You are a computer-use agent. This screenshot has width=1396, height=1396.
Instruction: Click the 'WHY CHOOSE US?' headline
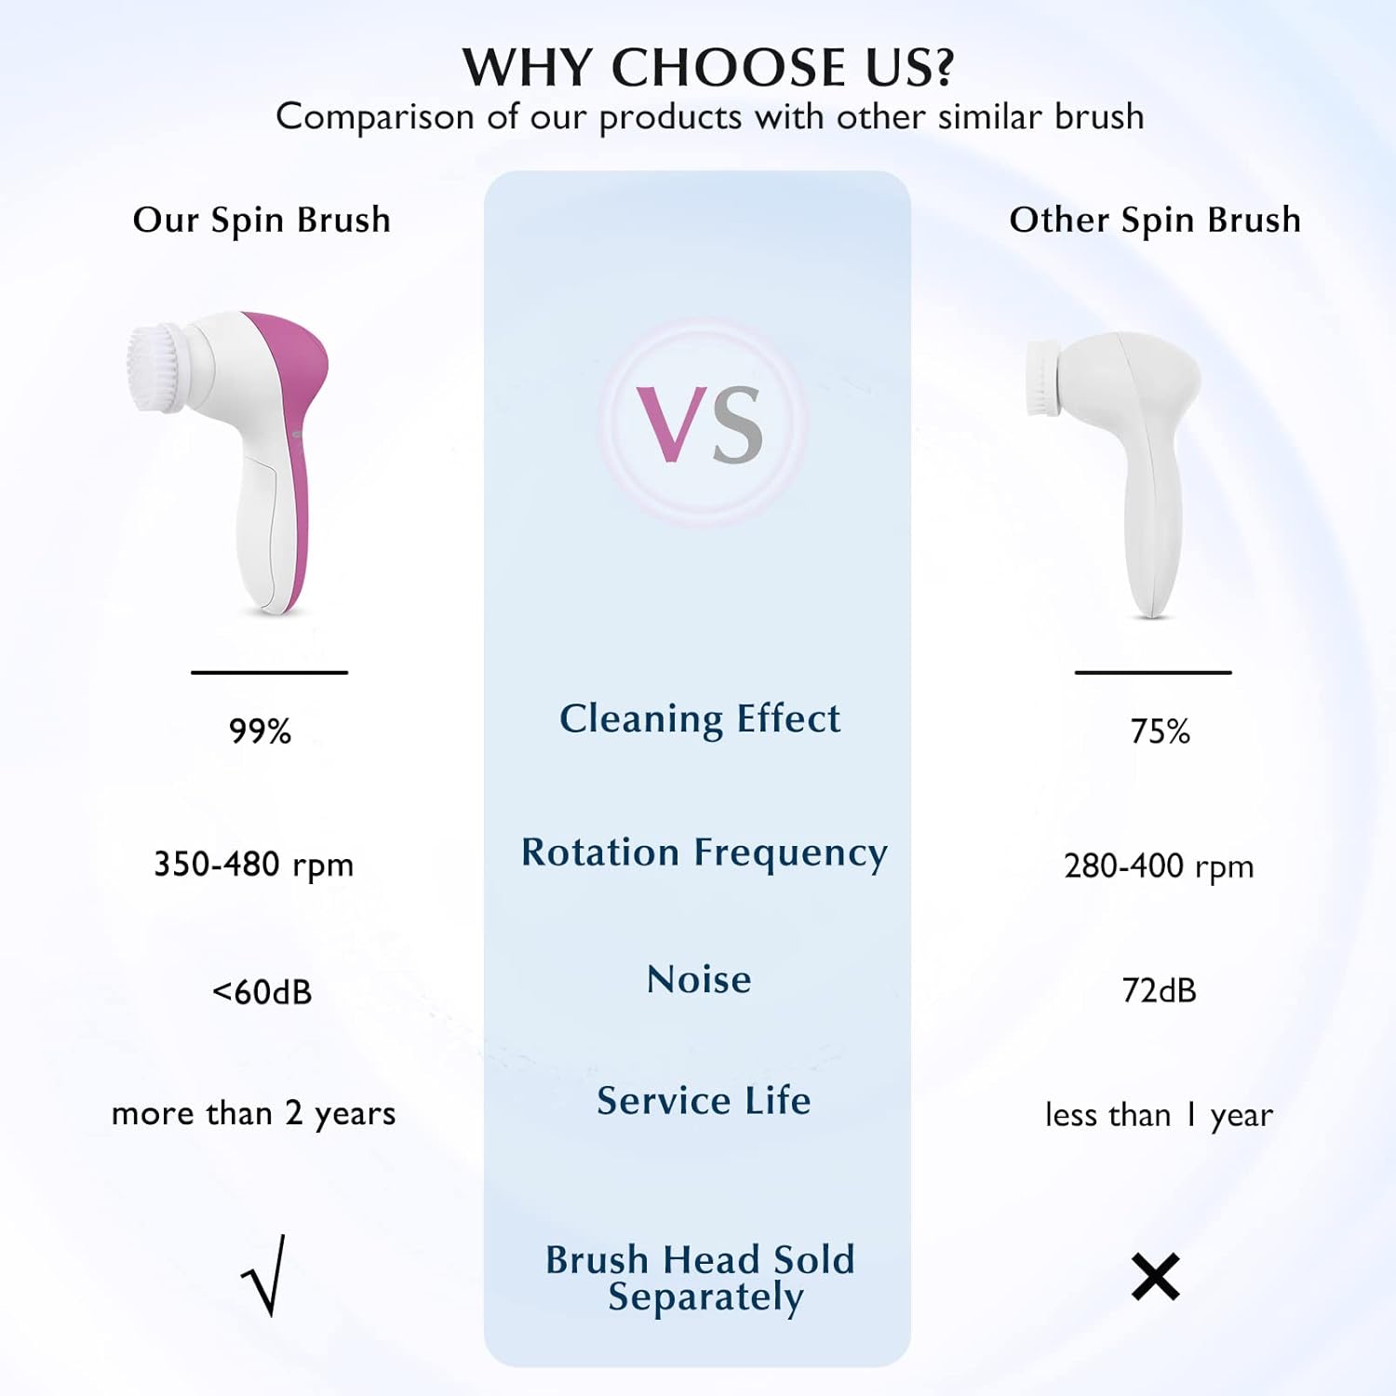[708, 67]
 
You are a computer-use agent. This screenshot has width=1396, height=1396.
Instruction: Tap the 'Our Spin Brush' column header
[262, 220]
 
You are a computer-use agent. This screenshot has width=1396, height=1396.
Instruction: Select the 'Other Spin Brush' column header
[1155, 220]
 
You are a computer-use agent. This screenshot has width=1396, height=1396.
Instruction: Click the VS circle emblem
[701, 423]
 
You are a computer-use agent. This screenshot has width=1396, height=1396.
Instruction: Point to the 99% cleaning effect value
[261, 732]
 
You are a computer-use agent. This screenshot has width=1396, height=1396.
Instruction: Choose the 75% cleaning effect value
[1160, 732]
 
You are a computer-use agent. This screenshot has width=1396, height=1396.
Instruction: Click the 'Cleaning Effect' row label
[700, 718]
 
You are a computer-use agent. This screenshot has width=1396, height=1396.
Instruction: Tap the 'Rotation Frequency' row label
[704, 852]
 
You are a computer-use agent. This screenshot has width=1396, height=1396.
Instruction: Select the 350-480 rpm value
[253, 865]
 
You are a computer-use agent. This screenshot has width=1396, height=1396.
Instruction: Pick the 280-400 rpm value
[1159, 866]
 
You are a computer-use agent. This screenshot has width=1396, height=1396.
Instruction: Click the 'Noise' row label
[699, 979]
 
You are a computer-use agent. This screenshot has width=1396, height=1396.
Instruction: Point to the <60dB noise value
[262, 992]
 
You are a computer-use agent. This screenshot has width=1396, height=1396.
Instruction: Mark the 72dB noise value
[1159, 990]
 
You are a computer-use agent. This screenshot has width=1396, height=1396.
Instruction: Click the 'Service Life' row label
[704, 1101]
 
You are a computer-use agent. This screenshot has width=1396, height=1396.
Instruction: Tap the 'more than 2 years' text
[253, 1113]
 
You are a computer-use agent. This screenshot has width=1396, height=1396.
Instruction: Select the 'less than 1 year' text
[1159, 1115]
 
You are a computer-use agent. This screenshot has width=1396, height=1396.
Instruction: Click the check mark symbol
[264, 1276]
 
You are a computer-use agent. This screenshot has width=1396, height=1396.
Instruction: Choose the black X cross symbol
[1155, 1276]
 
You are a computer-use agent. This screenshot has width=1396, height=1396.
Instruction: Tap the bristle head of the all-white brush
[1041, 379]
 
